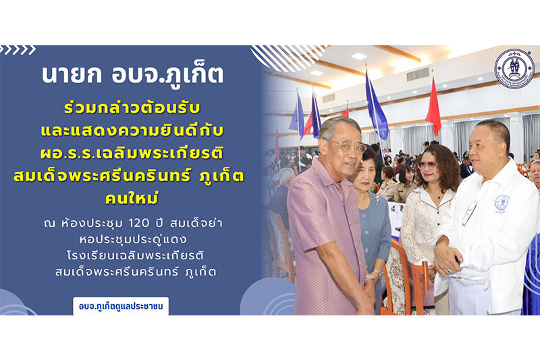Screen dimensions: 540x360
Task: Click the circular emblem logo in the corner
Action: point(514,68)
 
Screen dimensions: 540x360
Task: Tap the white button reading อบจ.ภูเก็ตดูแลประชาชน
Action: point(121,306)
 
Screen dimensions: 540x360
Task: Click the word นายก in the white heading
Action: point(72,74)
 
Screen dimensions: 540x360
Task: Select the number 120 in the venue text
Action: point(139,224)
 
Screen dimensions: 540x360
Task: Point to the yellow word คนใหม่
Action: point(132,198)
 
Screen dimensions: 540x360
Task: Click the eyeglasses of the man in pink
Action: point(346,145)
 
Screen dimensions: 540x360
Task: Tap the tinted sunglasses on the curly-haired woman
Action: point(428,165)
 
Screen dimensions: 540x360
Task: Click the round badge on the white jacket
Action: point(502,203)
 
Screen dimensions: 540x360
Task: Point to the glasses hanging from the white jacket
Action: point(469,213)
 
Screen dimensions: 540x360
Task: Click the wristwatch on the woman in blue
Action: point(369,278)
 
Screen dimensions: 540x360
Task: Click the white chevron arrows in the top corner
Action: point(18,50)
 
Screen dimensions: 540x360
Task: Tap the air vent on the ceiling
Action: point(418,74)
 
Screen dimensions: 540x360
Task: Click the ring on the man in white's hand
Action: point(449,272)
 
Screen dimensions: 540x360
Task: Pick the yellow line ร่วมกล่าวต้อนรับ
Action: point(132,108)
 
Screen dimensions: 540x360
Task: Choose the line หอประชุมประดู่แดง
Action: point(133,239)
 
